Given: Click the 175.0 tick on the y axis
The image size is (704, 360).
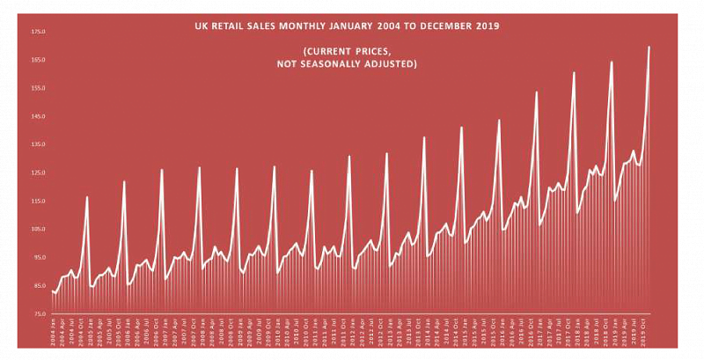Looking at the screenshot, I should (x=38, y=32).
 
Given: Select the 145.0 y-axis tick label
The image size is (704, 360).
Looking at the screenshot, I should (x=38, y=116).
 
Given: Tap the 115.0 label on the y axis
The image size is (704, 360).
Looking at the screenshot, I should (x=38, y=201).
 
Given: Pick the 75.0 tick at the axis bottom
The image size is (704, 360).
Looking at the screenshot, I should (x=38, y=314).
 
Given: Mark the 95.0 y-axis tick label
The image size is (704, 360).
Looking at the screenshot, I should (x=38, y=258).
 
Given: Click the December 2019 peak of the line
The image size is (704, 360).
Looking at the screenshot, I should (x=649, y=47).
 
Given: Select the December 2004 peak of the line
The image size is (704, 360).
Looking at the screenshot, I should (x=86, y=197).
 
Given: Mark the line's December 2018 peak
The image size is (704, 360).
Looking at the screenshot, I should (x=612, y=62).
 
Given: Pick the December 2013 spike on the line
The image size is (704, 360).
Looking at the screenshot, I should (x=424, y=137).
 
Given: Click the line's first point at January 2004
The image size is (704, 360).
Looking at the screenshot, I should (x=53, y=291).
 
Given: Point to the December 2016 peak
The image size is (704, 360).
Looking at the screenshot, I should (x=537, y=92).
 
